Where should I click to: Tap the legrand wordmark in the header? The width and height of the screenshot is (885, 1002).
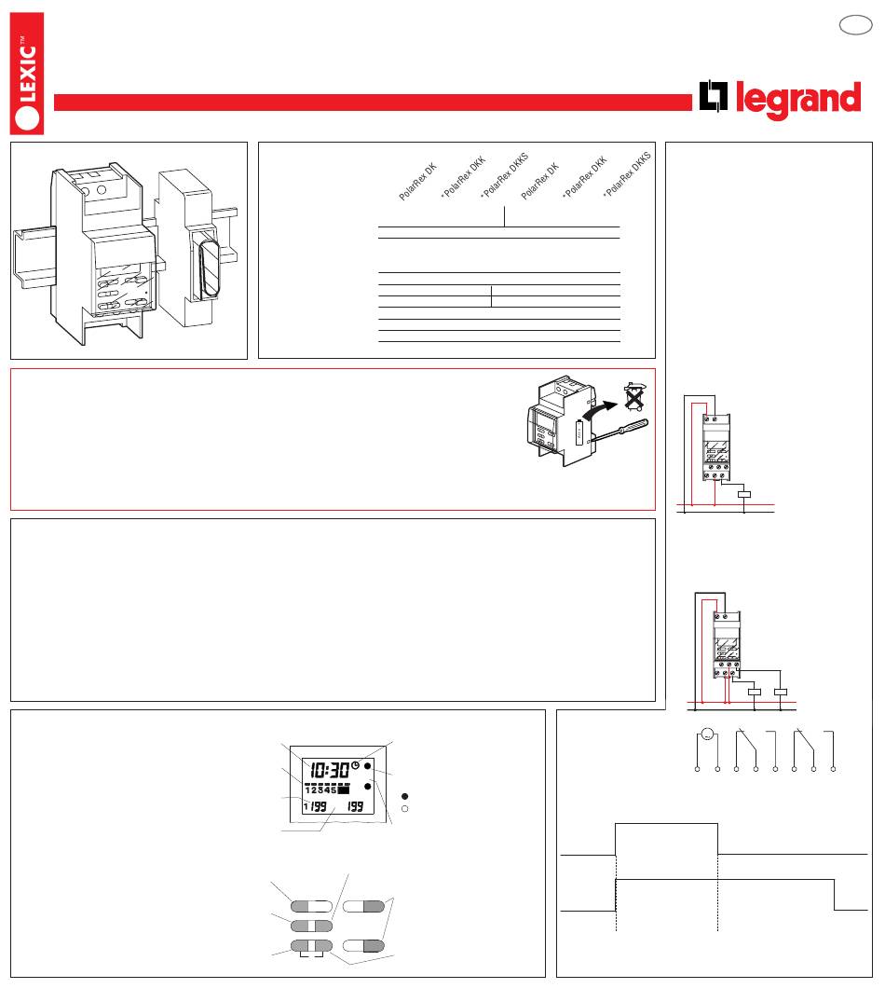tap(798, 100)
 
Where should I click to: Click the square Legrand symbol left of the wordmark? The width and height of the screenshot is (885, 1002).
tap(714, 99)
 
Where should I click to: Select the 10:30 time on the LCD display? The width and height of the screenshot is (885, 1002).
tap(330, 770)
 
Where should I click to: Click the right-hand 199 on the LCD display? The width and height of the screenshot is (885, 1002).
tap(354, 807)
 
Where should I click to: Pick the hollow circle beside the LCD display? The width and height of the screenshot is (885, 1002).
tap(402, 809)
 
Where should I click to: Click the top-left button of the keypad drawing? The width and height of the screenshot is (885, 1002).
tap(310, 906)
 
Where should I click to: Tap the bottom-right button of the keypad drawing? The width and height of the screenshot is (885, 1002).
tap(363, 946)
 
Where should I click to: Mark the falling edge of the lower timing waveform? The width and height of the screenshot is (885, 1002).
tap(834, 895)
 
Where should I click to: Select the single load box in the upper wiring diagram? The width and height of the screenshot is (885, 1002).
tap(744, 495)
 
